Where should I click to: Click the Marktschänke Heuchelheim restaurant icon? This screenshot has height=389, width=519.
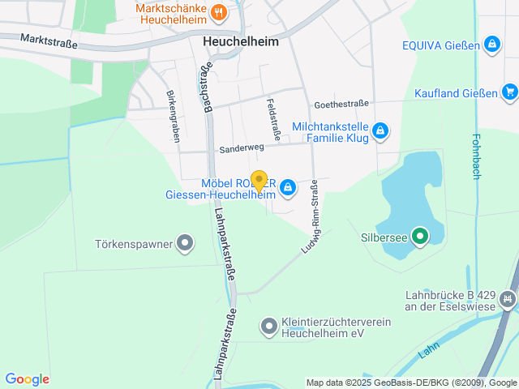point(218,12)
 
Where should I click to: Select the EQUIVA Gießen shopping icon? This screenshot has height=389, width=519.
point(491,44)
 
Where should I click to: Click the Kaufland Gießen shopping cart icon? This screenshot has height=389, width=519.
point(509,92)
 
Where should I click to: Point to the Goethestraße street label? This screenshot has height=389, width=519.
point(341,104)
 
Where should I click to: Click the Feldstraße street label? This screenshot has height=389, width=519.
point(273,118)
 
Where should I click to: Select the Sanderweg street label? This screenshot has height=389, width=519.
point(241,150)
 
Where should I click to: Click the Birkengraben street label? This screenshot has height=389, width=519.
point(173,116)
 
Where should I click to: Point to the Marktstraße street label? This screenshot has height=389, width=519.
point(49,41)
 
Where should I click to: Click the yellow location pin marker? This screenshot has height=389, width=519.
point(259,181)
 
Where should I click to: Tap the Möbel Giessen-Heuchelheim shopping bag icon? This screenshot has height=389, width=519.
point(287,189)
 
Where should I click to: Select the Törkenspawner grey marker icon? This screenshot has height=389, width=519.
point(186,242)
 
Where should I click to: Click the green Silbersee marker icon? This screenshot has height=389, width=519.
point(419,237)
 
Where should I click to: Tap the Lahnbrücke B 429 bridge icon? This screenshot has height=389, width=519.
point(508,300)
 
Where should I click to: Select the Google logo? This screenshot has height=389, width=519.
point(27,379)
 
